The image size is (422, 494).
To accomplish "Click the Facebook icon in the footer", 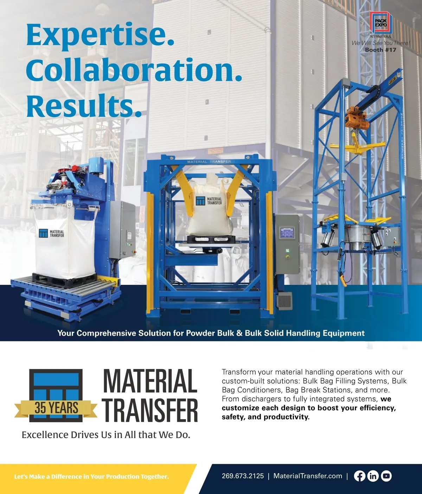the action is [359, 476].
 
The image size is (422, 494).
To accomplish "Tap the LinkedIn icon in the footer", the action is [373, 476].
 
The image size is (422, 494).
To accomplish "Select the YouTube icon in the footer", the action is [386, 476].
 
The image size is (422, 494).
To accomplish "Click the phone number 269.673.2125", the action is [243, 476].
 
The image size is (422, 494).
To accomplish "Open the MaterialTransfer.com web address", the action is [308, 476].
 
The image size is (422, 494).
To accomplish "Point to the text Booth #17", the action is [381, 50].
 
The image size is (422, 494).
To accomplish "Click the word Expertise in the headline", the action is [100, 36].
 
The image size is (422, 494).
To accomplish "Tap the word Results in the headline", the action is [84, 105].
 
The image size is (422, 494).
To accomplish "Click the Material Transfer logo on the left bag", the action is [51, 233].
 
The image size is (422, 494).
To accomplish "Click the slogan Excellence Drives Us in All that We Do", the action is [106, 435].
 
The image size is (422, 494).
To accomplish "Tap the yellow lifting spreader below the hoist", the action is [358, 146].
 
